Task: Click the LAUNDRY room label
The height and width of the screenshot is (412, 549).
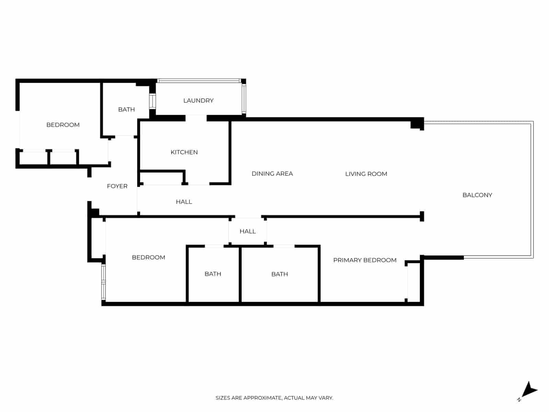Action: [x=198, y=101]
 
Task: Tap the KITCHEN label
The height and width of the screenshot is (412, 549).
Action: [x=184, y=152]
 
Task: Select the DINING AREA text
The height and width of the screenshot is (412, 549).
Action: [x=272, y=174]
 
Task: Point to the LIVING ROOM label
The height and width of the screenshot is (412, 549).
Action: [x=366, y=174]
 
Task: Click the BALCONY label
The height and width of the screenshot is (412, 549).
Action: [x=477, y=195]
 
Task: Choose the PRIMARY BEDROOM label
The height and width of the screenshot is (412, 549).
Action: [x=365, y=260]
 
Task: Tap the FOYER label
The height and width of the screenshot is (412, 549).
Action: [x=117, y=186]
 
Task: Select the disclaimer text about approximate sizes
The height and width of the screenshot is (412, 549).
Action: [x=274, y=398]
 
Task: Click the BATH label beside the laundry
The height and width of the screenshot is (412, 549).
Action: [x=126, y=110]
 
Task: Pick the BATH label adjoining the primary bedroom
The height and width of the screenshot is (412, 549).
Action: [x=280, y=274]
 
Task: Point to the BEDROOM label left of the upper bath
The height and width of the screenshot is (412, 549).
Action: [x=63, y=125]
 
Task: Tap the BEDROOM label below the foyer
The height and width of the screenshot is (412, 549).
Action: [x=149, y=257]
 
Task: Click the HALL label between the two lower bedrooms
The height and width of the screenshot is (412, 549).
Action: [x=248, y=231]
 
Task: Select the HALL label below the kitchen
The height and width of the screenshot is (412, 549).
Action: [x=184, y=202]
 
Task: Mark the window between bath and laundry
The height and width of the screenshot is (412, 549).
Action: [x=152, y=101]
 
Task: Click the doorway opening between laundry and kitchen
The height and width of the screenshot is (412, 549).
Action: [x=196, y=118]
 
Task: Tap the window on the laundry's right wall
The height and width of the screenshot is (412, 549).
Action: [x=244, y=99]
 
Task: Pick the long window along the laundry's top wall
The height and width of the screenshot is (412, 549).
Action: [x=199, y=81]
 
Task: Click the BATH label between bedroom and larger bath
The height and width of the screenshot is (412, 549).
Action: [x=213, y=274]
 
